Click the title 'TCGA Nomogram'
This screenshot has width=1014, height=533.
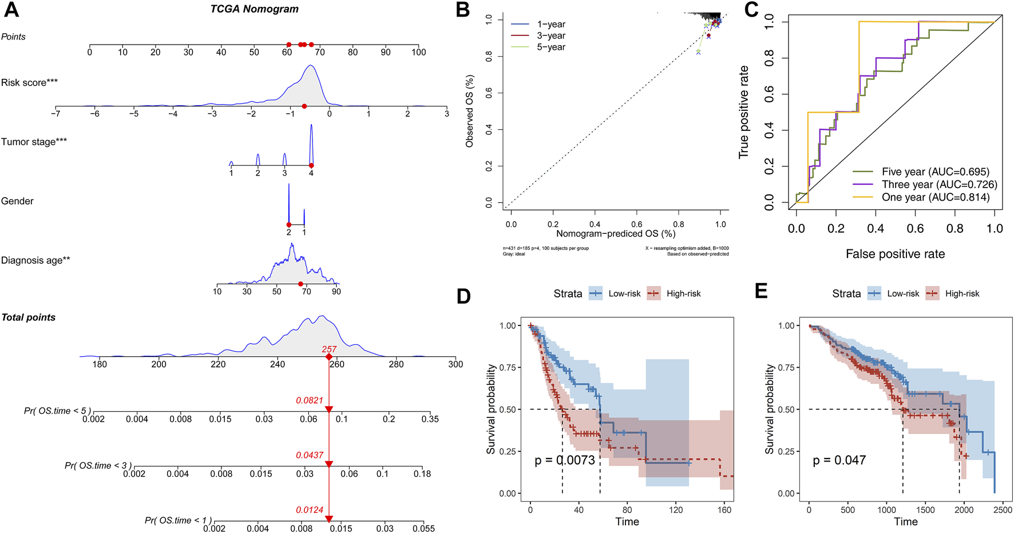pos(254,9)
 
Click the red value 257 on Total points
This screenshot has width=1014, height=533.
pos(329,349)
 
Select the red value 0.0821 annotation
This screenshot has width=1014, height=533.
pos(310,400)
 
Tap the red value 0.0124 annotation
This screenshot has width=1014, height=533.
pos(310,510)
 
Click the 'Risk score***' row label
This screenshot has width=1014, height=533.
pos(29,82)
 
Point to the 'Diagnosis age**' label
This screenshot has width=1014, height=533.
pos(35,260)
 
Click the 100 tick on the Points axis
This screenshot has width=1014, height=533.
pos(419,52)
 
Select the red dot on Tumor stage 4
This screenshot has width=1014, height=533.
pos(311,166)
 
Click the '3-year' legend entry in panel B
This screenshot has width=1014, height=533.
pos(551,35)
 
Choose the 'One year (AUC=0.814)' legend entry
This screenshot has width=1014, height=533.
pos(936,197)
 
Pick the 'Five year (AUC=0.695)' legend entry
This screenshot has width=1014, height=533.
pos(935,172)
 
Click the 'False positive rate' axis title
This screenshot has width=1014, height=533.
pos(895,254)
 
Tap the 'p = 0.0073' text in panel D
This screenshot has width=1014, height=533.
pos(565,460)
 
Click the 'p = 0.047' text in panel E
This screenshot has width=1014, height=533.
pos(839,460)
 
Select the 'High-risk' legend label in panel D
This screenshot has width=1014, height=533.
pos(683,293)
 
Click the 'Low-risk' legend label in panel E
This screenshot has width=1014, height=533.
pos(903,293)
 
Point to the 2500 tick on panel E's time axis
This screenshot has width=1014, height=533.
pos(1003,510)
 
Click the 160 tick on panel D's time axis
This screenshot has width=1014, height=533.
pos(724,510)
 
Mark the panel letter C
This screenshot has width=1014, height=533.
pos(751,9)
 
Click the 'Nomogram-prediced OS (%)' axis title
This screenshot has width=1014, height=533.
pos(616,233)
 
